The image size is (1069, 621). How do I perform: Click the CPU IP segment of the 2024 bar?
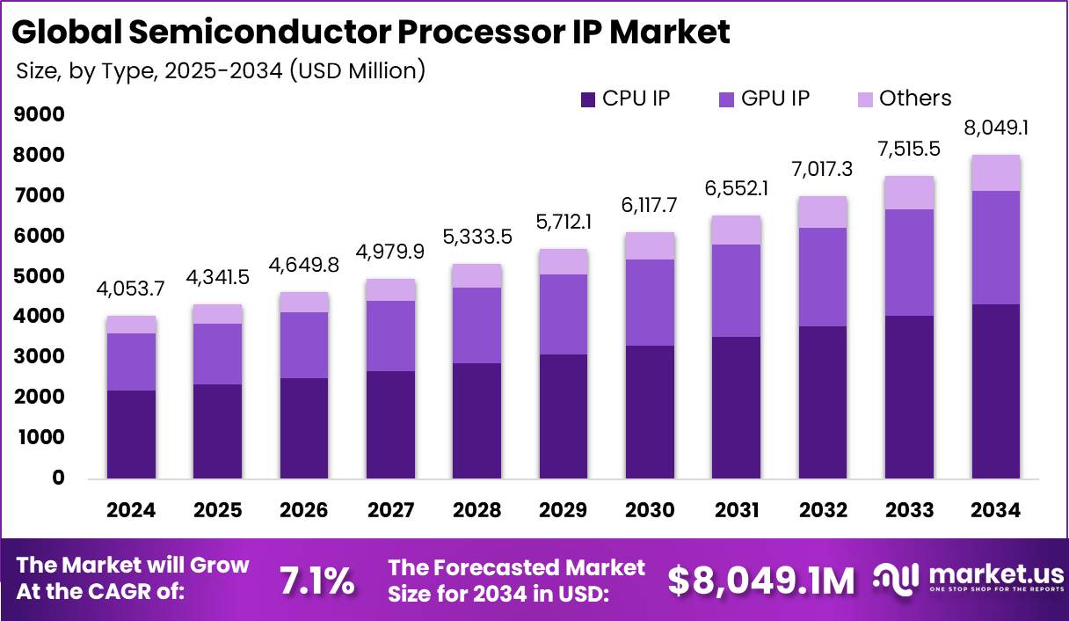point(131,435)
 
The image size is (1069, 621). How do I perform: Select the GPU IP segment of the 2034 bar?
point(996,247)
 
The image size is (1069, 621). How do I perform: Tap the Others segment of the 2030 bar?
point(650,246)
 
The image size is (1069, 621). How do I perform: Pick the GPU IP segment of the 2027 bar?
point(390,336)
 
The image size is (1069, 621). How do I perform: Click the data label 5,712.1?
point(564,223)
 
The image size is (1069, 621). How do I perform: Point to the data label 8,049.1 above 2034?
point(996,128)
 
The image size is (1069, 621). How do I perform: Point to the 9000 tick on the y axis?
point(40,114)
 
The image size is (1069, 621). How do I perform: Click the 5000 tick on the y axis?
point(40,276)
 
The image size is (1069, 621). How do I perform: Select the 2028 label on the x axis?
point(476,510)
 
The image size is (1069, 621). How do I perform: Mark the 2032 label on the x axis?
point(823,510)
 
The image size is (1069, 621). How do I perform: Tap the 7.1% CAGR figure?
point(316,580)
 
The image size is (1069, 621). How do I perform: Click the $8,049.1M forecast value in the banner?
point(761,580)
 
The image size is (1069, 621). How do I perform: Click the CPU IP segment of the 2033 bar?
point(909,397)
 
